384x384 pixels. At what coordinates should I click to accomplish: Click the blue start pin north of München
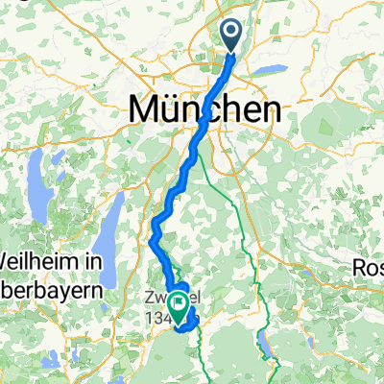(233, 36)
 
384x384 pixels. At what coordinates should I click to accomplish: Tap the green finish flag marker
(179, 306)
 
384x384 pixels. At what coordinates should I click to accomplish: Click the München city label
(205, 109)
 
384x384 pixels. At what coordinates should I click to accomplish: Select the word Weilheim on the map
(36, 260)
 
